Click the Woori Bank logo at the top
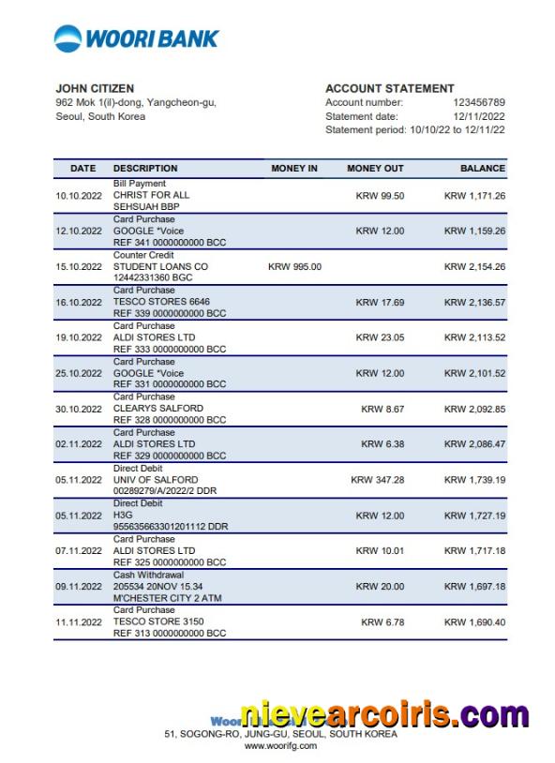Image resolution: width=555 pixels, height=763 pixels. pyautogui.click(x=137, y=38)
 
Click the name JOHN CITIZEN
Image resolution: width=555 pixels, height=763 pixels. pyautogui.click(x=95, y=89)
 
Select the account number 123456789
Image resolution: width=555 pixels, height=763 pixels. pyautogui.click(x=479, y=102)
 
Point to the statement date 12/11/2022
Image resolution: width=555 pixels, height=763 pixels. pyautogui.click(x=479, y=116)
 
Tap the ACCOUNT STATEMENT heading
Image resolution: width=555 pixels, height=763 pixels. pyautogui.click(x=390, y=89)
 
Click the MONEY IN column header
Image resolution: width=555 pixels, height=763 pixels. pyautogui.click(x=294, y=169)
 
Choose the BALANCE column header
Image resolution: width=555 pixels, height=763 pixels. pyautogui.click(x=482, y=169)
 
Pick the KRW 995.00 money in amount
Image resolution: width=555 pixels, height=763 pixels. pyautogui.click(x=294, y=266)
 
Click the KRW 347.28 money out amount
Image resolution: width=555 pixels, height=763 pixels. pyautogui.click(x=377, y=480)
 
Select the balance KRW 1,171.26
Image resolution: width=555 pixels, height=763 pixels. pyautogui.click(x=474, y=196)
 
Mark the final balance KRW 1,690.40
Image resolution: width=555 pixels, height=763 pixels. pyautogui.click(x=474, y=622)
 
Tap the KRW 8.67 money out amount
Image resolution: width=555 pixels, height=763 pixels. pyautogui.click(x=382, y=409)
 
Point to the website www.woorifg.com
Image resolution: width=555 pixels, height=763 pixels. pyautogui.click(x=280, y=746)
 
